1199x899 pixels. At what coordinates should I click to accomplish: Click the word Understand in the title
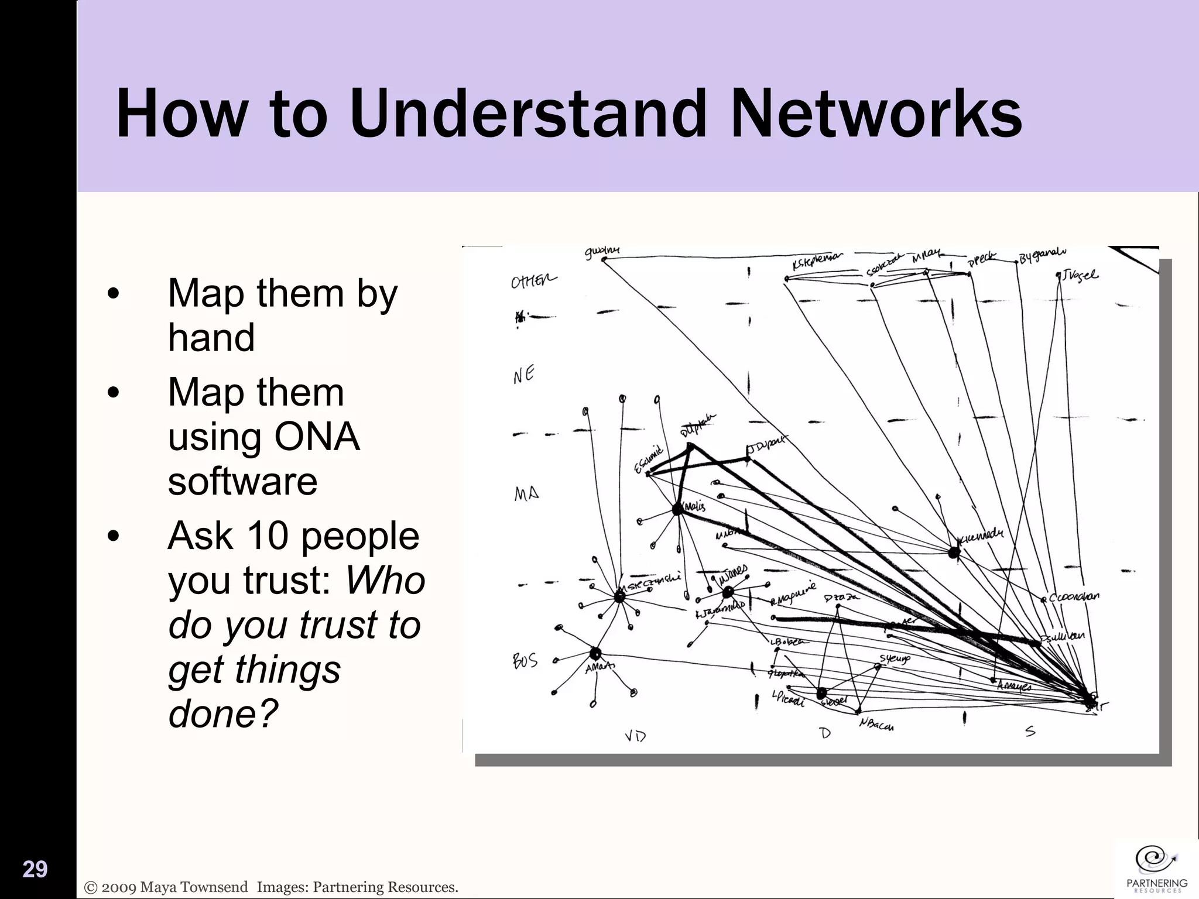(527, 114)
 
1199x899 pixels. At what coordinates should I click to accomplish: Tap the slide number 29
(35, 870)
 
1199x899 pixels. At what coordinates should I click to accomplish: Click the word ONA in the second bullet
(316, 437)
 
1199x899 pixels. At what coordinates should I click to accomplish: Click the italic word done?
(222, 713)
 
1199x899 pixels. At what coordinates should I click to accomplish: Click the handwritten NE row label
(524, 374)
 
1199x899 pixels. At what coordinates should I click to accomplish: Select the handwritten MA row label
(526, 494)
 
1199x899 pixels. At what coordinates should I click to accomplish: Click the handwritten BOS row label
(525, 661)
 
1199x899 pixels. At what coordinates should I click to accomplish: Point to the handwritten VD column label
(635, 736)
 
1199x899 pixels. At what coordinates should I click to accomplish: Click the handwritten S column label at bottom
(1030, 732)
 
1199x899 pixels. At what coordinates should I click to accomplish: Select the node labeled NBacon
(876, 726)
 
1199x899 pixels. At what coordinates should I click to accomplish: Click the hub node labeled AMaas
(595, 653)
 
